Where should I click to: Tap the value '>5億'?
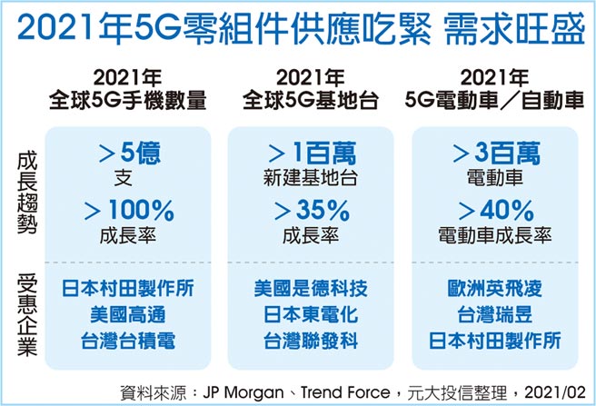(x=128, y=152)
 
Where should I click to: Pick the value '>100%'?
(x=128, y=211)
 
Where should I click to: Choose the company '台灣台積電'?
(x=128, y=342)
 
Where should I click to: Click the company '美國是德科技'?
(x=312, y=290)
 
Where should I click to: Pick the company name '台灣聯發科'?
(x=312, y=342)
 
